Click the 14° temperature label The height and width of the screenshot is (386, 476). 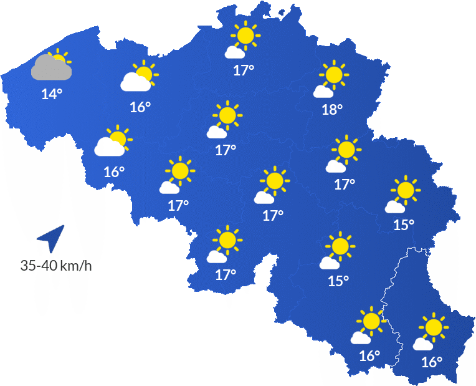tap(52, 95)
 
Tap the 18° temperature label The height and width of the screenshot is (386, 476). tap(332, 110)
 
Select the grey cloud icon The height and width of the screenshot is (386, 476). tap(50, 68)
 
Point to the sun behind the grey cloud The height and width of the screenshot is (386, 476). tap(60, 58)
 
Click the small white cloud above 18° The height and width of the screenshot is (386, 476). tap(323, 92)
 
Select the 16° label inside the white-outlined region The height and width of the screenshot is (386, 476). tap(431, 362)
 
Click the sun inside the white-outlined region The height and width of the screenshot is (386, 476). tap(434, 327)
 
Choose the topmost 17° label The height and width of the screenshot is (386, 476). tap(244, 70)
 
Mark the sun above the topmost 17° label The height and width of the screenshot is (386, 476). tap(245, 35)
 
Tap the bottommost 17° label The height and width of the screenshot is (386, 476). tap(226, 274)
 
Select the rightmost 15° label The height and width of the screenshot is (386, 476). tap(404, 224)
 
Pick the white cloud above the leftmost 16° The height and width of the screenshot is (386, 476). tap(109, 147)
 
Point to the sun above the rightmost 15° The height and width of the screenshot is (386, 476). tap(406, 190)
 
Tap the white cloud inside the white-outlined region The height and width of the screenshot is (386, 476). tap(423, 344)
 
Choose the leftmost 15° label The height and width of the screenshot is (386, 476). tap(338, 281)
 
